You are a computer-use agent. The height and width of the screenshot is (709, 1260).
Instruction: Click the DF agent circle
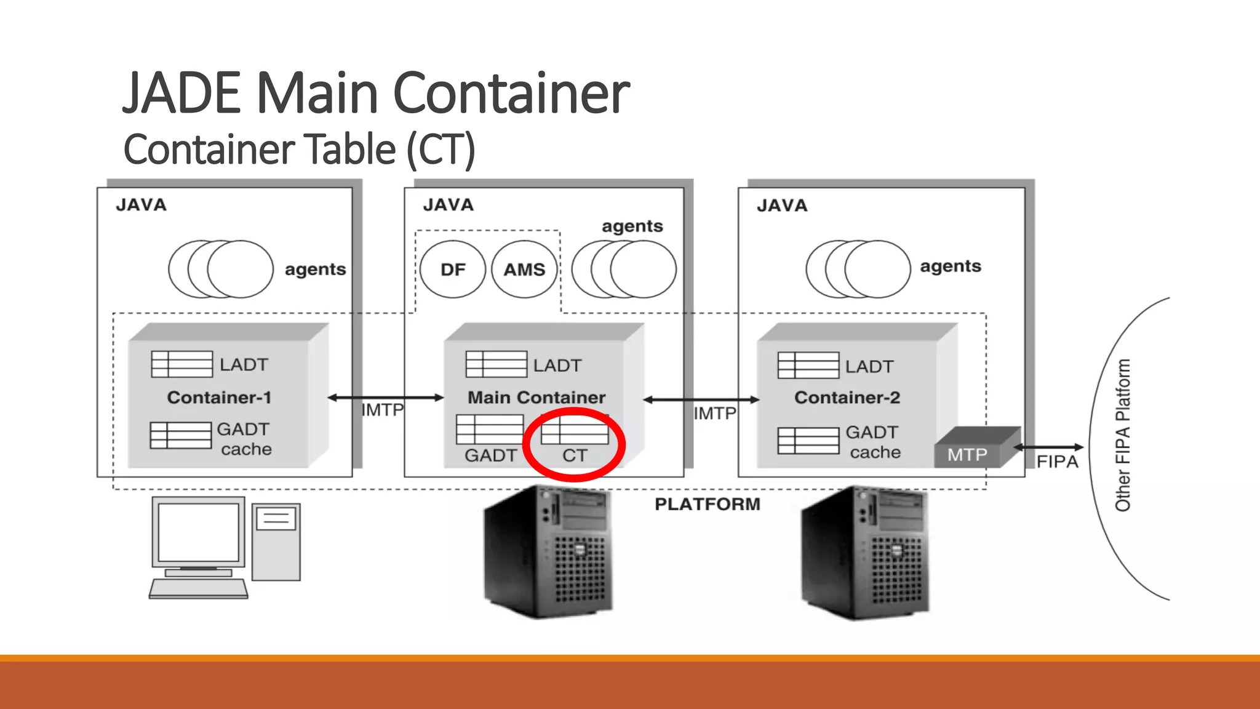click(453, 270)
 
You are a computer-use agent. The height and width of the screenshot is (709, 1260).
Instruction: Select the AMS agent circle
click(524, 270)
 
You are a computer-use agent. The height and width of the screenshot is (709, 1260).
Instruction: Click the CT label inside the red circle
click(575, 455)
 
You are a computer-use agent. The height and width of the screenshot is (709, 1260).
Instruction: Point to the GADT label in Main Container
click(490, 455)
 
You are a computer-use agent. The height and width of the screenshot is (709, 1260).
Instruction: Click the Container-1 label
click(219, 398)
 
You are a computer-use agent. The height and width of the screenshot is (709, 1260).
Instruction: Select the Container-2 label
click(847, 398)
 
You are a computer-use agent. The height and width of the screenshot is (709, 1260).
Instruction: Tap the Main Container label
click(536, 398)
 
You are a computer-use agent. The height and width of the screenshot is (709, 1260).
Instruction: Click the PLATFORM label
click(708, 504)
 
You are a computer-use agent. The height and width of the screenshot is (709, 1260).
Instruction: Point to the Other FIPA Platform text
click(1123, 435)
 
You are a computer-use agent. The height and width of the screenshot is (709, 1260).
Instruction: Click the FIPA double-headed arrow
click(1049, 447)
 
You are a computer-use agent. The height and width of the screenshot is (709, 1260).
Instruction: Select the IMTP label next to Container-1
click(382, 410)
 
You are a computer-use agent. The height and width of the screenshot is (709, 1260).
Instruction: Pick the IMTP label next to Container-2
click(715, 413)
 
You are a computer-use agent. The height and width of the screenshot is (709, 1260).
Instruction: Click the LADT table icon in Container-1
click(182, 364)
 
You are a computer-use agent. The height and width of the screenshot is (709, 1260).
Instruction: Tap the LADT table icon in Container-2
click(808, 366)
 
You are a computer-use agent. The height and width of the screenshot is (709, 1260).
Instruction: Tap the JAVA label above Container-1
click(142, 205)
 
